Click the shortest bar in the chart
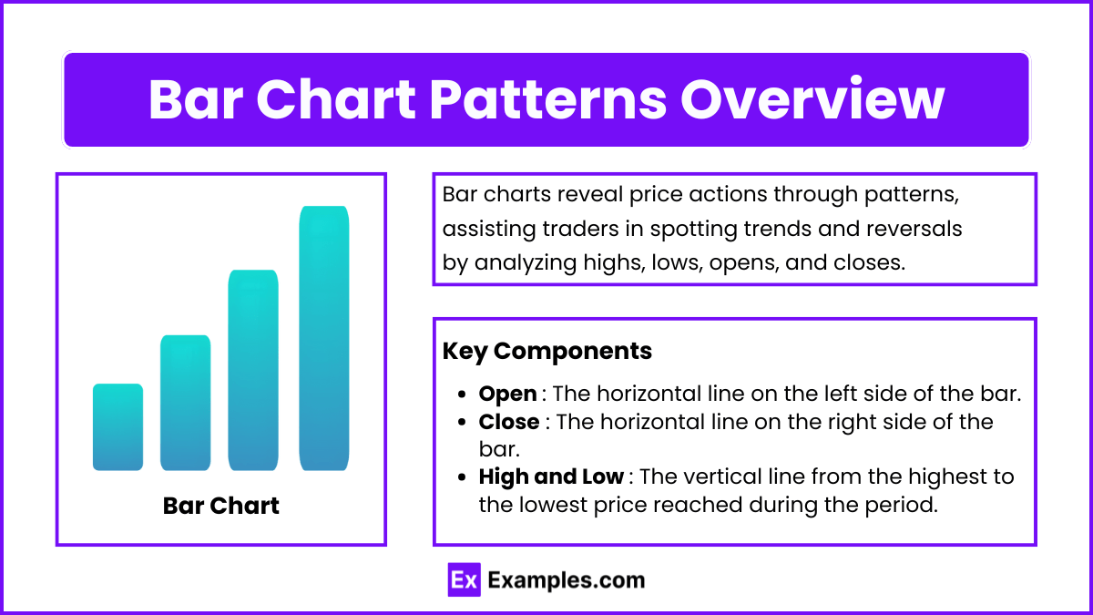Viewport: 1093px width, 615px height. pos(117,427)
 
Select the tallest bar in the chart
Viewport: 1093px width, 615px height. pos(324,338)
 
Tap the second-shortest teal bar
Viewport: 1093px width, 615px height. pos(186,403)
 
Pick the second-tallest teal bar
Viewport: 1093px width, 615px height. pos(253,370)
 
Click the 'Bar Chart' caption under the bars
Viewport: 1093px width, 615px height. pos(221,506)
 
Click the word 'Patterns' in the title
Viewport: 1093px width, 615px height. pos(548,99)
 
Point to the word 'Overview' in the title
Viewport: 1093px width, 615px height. pos(812,99)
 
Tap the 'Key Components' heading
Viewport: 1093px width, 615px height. pos(547,351)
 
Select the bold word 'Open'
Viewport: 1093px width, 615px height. pos(507,395)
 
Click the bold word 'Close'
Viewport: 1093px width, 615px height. pos(509,422)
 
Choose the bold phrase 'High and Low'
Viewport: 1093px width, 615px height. pos(551,477)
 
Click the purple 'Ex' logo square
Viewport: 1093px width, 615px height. pos(464,579)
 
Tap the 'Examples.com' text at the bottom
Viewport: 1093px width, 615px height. pos(567,580)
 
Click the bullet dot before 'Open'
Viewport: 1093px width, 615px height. pos(462,394)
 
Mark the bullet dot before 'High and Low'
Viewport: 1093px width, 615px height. pos(462,477)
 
